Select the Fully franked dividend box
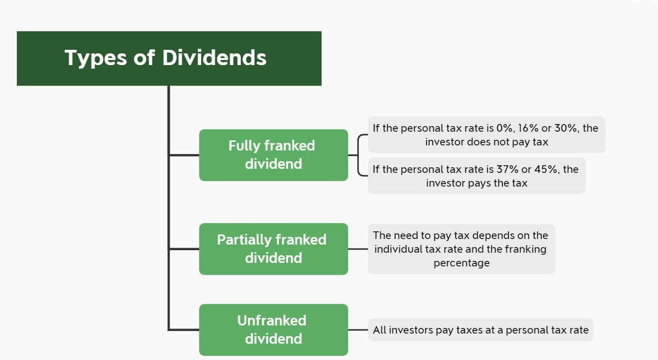273,155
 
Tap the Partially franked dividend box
273,249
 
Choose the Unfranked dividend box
273,329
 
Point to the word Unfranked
272,321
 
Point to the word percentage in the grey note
461,263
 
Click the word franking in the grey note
525,249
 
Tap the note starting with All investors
480,330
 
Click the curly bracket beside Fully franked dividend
359,155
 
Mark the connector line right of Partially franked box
358,249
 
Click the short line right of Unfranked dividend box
358,330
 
